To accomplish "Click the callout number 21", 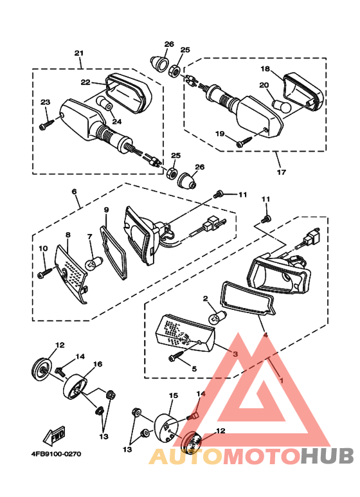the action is pos(78,53).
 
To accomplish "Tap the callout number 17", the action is pos(281,172).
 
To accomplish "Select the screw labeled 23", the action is pos(46,123).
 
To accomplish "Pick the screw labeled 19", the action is pos(244,141).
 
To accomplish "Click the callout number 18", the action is pos(265,68).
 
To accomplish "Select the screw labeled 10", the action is pos(45,273).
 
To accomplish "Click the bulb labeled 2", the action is pos(219,316).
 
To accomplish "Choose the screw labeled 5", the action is pos(177,355).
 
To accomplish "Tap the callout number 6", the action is pos(74,192).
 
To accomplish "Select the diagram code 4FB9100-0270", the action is pos(56,454).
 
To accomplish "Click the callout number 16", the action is pos(98,364).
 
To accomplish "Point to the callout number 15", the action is pos(174,395).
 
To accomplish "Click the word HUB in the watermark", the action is pos(327,456).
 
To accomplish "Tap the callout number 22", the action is pos(85,82).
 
